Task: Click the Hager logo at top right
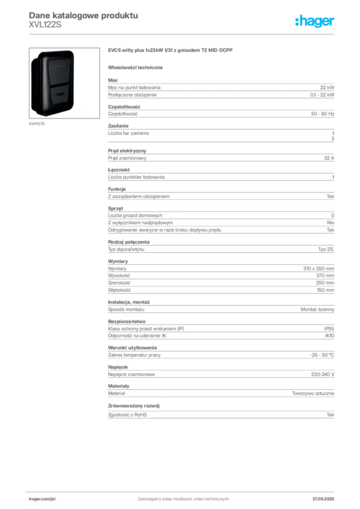[315, 21]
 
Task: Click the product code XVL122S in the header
[45, 25]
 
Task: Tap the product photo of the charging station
[64, 83]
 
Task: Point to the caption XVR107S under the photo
[37, 124]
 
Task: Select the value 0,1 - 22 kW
[322, 95]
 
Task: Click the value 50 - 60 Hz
[323, 114]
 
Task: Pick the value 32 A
[329, 158]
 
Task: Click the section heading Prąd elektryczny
[127, 151]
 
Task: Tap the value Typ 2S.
[326, 250]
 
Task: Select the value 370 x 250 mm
[318, 269]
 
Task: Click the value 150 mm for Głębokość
[325, 290]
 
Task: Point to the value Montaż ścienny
[317, 310]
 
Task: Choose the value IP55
[329, 329]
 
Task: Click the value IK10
[330, 336]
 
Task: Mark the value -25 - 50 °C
[322, 355]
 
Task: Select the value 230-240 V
[323, 375]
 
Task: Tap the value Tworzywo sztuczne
[313, 394]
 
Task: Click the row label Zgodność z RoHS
[127, 415]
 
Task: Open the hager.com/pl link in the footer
[42, 499]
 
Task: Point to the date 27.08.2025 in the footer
[323, 499]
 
